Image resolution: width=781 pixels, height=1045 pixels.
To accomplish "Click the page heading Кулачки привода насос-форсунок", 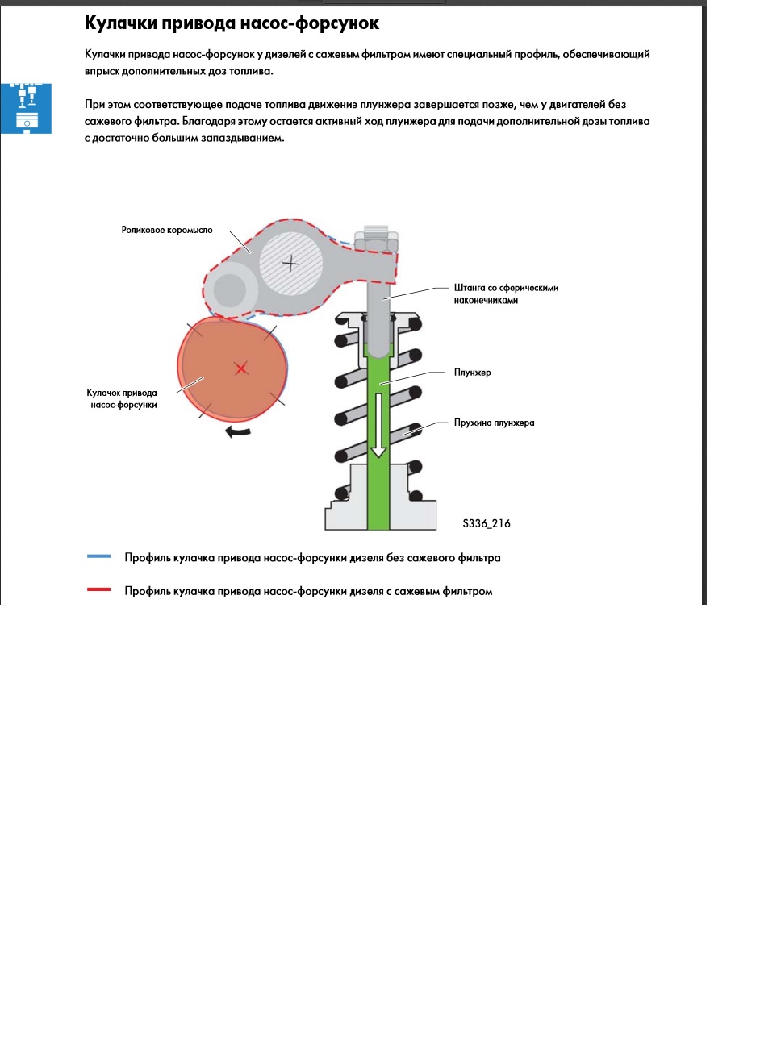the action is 232,23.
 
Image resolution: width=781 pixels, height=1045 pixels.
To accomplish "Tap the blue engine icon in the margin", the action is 26,109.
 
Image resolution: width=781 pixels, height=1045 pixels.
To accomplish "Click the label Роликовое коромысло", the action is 167,230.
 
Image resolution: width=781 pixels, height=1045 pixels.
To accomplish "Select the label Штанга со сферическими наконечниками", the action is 506,294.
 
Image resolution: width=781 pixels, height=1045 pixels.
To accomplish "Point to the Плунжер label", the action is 472,373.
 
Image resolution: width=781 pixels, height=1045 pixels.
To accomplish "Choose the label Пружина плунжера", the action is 494,423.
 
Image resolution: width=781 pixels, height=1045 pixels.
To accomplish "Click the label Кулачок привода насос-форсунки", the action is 122,398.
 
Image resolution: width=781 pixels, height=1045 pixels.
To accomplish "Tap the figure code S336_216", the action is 487,523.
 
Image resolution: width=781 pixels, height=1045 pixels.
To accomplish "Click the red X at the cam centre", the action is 241,368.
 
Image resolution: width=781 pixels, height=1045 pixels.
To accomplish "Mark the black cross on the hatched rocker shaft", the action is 291,263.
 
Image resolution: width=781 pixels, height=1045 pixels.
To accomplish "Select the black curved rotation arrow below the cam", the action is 237,432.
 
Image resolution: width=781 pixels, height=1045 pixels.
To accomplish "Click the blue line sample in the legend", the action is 98,556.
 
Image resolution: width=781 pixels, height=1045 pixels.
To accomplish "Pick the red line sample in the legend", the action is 98,589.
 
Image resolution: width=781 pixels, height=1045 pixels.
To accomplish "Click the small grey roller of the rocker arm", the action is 229,290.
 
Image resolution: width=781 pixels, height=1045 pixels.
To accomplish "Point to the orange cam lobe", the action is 232,369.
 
